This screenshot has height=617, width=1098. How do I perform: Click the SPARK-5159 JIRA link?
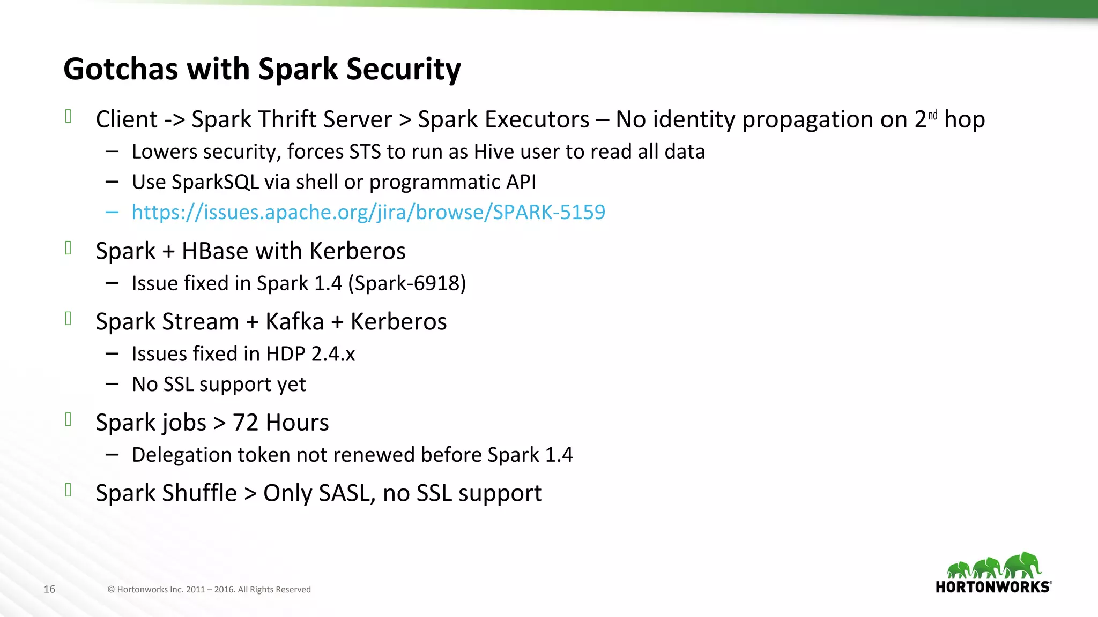point(368,212)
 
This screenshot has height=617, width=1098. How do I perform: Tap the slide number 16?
point(49,589)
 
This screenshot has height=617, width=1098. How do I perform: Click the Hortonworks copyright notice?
point(209,589)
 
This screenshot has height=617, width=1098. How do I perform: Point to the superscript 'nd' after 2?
point(933,115)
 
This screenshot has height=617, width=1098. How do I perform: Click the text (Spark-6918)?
point(407,283)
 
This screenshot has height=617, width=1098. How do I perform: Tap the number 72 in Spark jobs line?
point(246,423)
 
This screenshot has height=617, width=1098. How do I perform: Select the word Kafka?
point(294,322)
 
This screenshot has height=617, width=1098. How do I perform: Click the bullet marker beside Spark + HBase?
point(68,248)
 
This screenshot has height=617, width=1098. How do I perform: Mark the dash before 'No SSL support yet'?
point(112,384)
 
